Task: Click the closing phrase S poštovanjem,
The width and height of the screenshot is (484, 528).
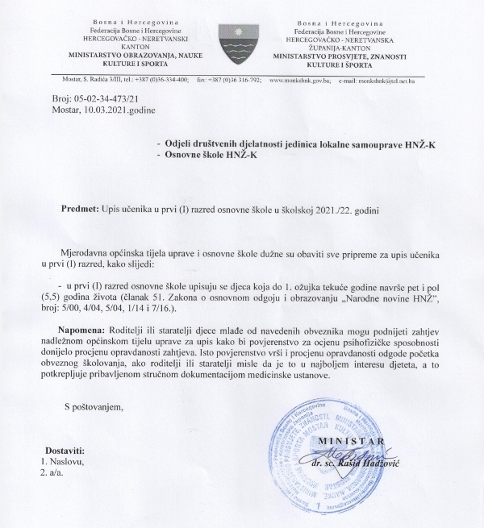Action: coord(95,406)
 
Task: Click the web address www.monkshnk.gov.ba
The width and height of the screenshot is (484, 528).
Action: coord(298,81)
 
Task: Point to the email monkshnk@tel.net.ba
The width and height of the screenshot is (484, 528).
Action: coord(378,81)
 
